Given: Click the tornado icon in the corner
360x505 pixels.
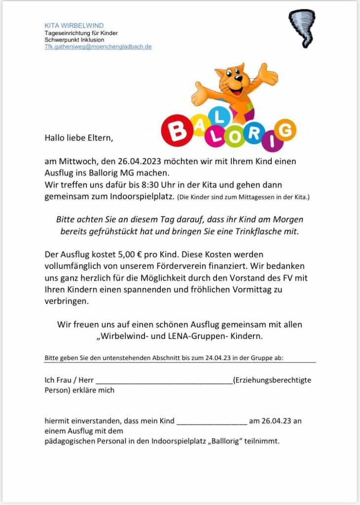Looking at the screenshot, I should tap(302, 27).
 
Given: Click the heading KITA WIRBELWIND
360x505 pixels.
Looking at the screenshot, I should tap(74, 26).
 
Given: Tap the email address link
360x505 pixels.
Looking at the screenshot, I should tap(98, 47).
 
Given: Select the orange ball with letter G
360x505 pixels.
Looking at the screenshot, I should tap(284, 130).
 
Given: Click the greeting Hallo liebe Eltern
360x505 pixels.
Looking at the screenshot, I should tap(79, 138).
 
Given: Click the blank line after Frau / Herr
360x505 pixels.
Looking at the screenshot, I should tap(164, 380).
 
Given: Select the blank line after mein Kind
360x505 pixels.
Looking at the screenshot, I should tap(212, 421).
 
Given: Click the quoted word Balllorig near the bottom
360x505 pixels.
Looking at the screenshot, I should tap(227, 441).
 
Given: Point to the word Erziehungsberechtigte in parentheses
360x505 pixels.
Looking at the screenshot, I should tap(273, 380).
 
